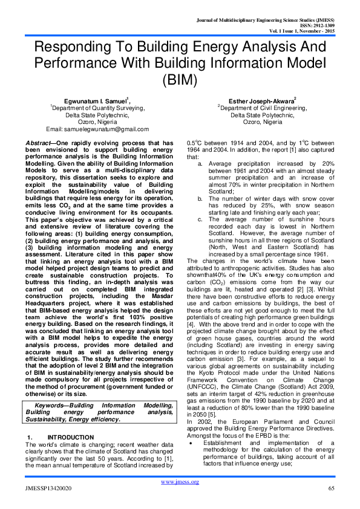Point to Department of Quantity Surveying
[98, 108]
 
